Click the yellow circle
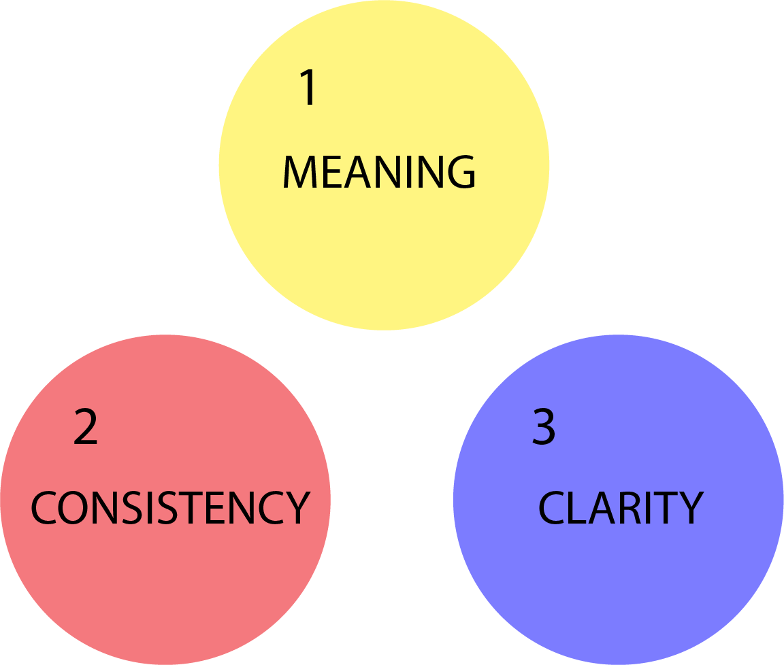click(384, 258)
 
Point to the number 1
click(309, 88)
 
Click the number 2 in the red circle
click(86, 428)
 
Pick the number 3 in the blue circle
click(544, 428)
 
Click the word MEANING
click(379, 173)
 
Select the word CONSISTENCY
click(170, 508)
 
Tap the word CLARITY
click(620, 508)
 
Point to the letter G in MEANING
click(459, 173)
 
